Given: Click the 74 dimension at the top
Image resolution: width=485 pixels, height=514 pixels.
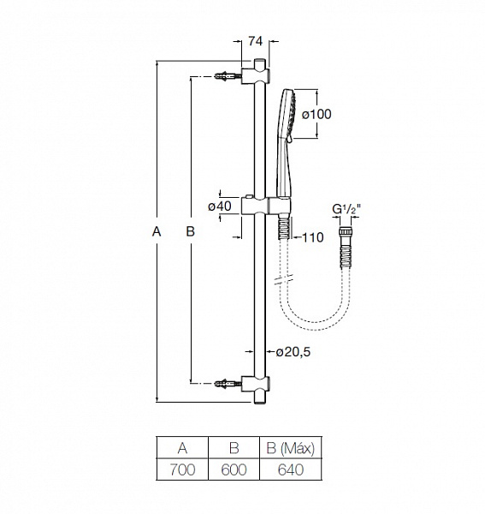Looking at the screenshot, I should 253,40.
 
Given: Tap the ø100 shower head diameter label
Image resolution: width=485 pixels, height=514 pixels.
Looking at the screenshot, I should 315,114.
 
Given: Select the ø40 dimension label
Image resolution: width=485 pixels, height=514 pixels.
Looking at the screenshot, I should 221,206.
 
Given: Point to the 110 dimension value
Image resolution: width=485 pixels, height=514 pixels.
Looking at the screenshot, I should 312,238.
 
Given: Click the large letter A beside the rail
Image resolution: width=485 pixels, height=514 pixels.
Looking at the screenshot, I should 155,231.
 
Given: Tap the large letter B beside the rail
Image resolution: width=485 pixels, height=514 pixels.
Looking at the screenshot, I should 190,231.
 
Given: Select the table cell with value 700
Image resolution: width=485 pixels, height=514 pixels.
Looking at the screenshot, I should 183,469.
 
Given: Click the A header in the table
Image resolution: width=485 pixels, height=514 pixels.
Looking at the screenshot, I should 183,448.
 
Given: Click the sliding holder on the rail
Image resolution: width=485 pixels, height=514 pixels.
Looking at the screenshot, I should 260,206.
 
